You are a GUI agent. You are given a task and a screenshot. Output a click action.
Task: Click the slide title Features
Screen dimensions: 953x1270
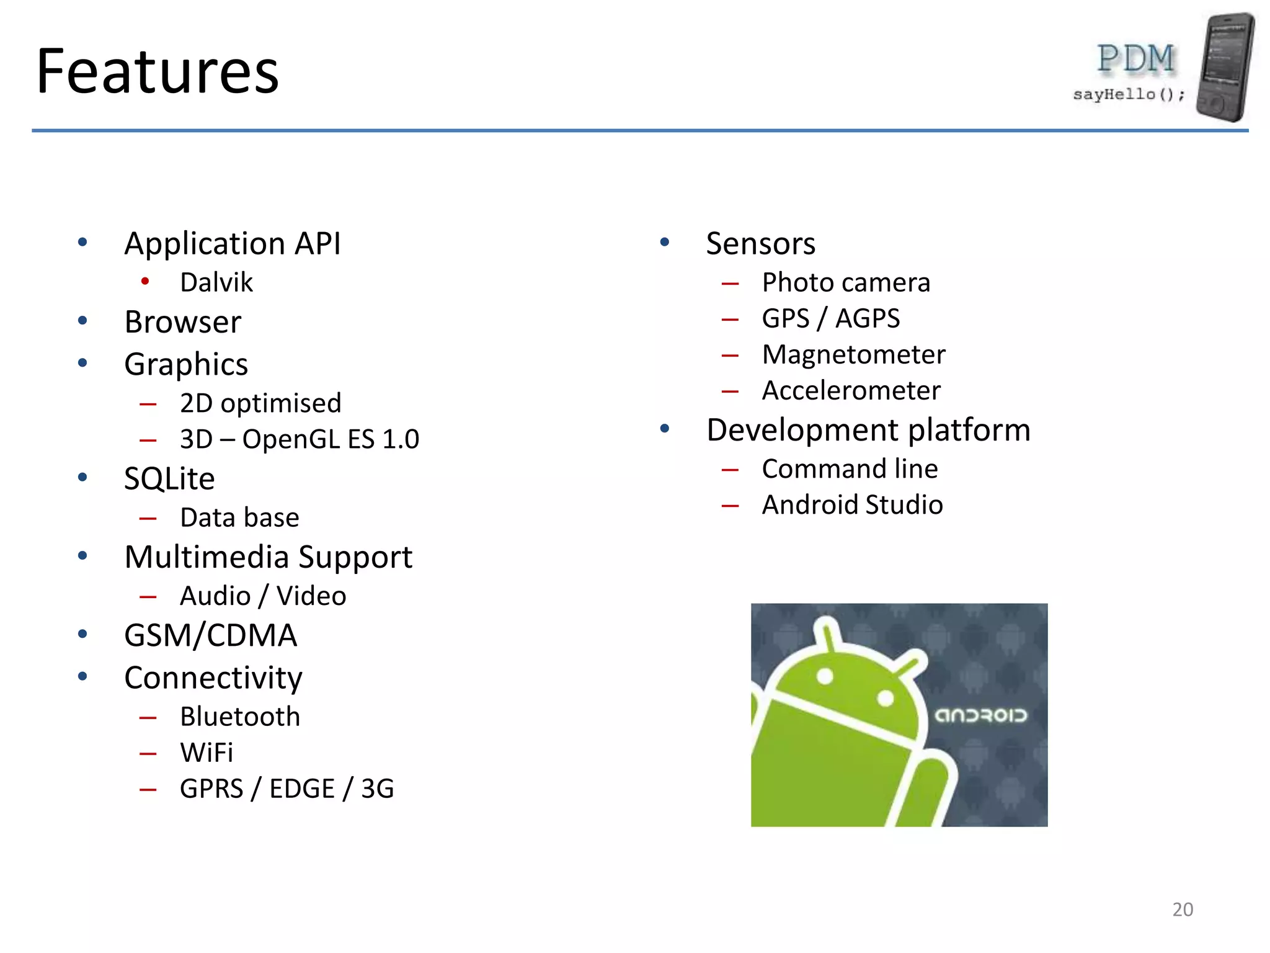click(x=158, y=72)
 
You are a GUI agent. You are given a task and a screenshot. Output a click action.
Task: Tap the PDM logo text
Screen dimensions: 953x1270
click(x=1136, y=59)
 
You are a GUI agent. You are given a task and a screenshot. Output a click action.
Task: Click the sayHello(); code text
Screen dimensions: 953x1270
click(x=1129, y=94)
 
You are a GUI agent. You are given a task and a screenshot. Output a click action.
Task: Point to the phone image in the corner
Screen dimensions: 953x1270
click(x=1225, y=66)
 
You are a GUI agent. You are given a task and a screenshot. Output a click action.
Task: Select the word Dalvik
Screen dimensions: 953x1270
click(x=216, y=283)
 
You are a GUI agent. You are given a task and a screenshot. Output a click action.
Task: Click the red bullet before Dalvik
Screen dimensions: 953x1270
click(x=145, y=282)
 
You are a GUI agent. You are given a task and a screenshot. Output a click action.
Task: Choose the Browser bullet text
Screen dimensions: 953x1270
click(x=183, y=322)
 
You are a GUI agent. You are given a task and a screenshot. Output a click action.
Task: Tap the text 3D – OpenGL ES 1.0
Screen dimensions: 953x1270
click(x=300, y=439)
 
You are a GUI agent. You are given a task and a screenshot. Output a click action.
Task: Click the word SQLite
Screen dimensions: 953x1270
click(x=169, y=479)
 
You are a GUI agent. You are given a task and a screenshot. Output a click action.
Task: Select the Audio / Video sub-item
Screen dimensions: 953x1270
click(x=263, y=596)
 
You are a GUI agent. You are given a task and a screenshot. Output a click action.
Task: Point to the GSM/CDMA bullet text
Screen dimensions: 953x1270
click(x=211, y=636)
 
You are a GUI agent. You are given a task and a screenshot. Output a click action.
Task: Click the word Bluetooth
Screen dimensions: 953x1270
click(x=240, y=717)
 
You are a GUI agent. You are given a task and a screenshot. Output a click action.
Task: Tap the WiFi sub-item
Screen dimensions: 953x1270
click(x=206, y=753)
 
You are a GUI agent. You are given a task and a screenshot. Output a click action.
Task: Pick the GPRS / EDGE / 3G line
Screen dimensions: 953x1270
click(x=286, y=789)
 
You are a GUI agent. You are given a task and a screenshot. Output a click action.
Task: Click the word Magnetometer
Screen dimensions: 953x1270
click(x=853, y=355)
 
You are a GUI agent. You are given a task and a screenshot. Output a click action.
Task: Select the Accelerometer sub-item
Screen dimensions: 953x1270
click(x=851, y=391)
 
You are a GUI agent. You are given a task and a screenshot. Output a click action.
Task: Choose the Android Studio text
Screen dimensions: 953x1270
click(x=852, y=505)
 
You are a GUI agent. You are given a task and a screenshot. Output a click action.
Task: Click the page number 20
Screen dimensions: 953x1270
click(x=1183, y=910)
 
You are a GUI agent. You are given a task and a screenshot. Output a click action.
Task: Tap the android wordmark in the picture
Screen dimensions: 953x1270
click(x=981, y=715)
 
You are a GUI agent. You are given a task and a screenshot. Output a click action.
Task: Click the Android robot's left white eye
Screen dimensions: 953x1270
click(x=825, y=676)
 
